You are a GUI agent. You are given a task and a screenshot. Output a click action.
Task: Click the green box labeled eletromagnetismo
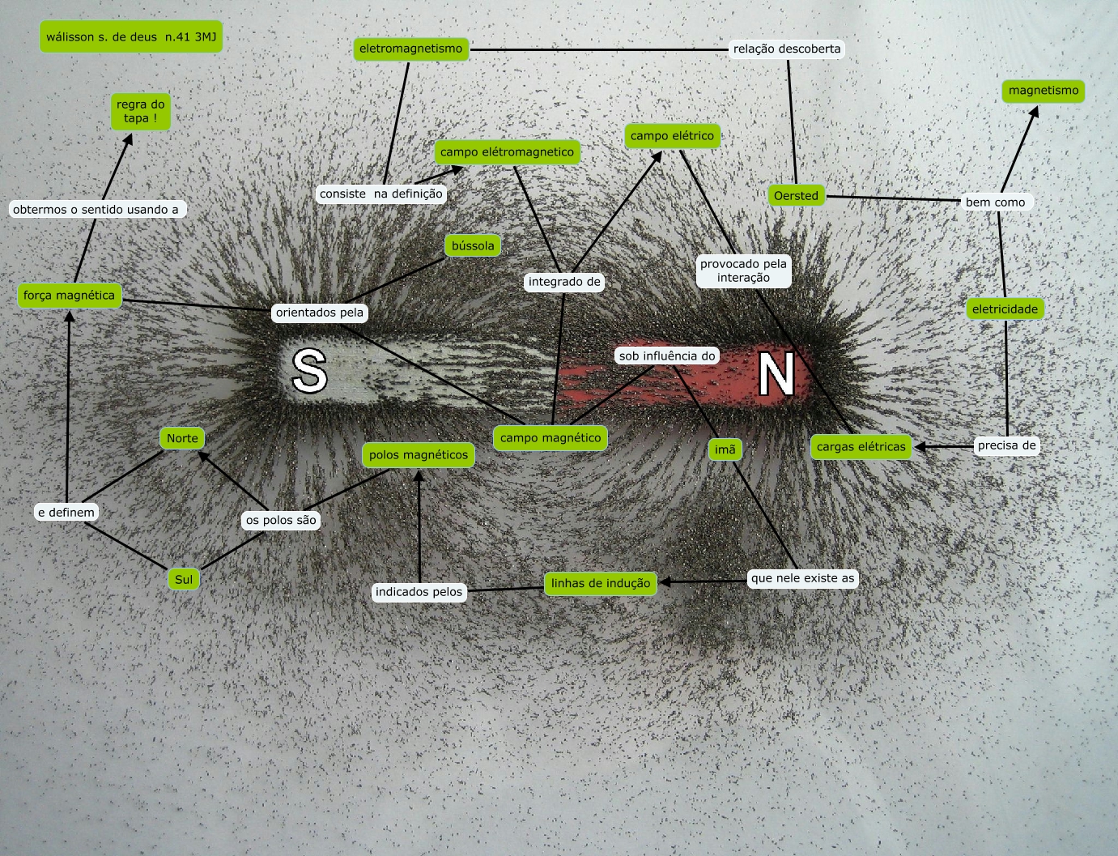(411, 49)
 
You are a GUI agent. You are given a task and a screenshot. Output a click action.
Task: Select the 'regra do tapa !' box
(141, 112)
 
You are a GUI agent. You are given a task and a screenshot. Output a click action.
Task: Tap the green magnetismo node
(1044, 91)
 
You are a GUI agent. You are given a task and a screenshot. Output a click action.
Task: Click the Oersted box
(796, 196)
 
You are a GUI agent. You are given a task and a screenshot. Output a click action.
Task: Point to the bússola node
(473, 245)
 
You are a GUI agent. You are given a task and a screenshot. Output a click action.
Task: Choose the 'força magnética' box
(70, 296)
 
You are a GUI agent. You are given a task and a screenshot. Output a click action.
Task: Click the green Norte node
(182, 438)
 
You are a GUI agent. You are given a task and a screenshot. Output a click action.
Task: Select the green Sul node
(184, 579)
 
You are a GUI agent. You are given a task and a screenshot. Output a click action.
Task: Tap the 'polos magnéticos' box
(419, 455)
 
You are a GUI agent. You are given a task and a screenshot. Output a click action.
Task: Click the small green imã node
(725, 449)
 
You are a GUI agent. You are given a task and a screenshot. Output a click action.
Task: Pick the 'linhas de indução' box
(601, 583)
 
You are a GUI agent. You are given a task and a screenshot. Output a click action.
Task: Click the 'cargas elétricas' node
(861, 447)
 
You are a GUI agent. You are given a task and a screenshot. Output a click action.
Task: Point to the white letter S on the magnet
(310, 372)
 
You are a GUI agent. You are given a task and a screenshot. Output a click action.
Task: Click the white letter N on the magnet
(776, 374)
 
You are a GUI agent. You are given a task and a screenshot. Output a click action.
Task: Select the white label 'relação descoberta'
(787, 49)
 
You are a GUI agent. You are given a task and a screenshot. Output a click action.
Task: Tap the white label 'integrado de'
(564, 282)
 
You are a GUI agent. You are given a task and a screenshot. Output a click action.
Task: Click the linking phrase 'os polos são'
(281, 520)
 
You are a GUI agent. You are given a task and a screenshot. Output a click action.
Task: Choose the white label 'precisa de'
(1007, 445)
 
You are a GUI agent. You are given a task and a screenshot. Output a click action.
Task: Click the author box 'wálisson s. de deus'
(131, 36)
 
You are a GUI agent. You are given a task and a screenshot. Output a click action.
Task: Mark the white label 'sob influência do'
(667, 356)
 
